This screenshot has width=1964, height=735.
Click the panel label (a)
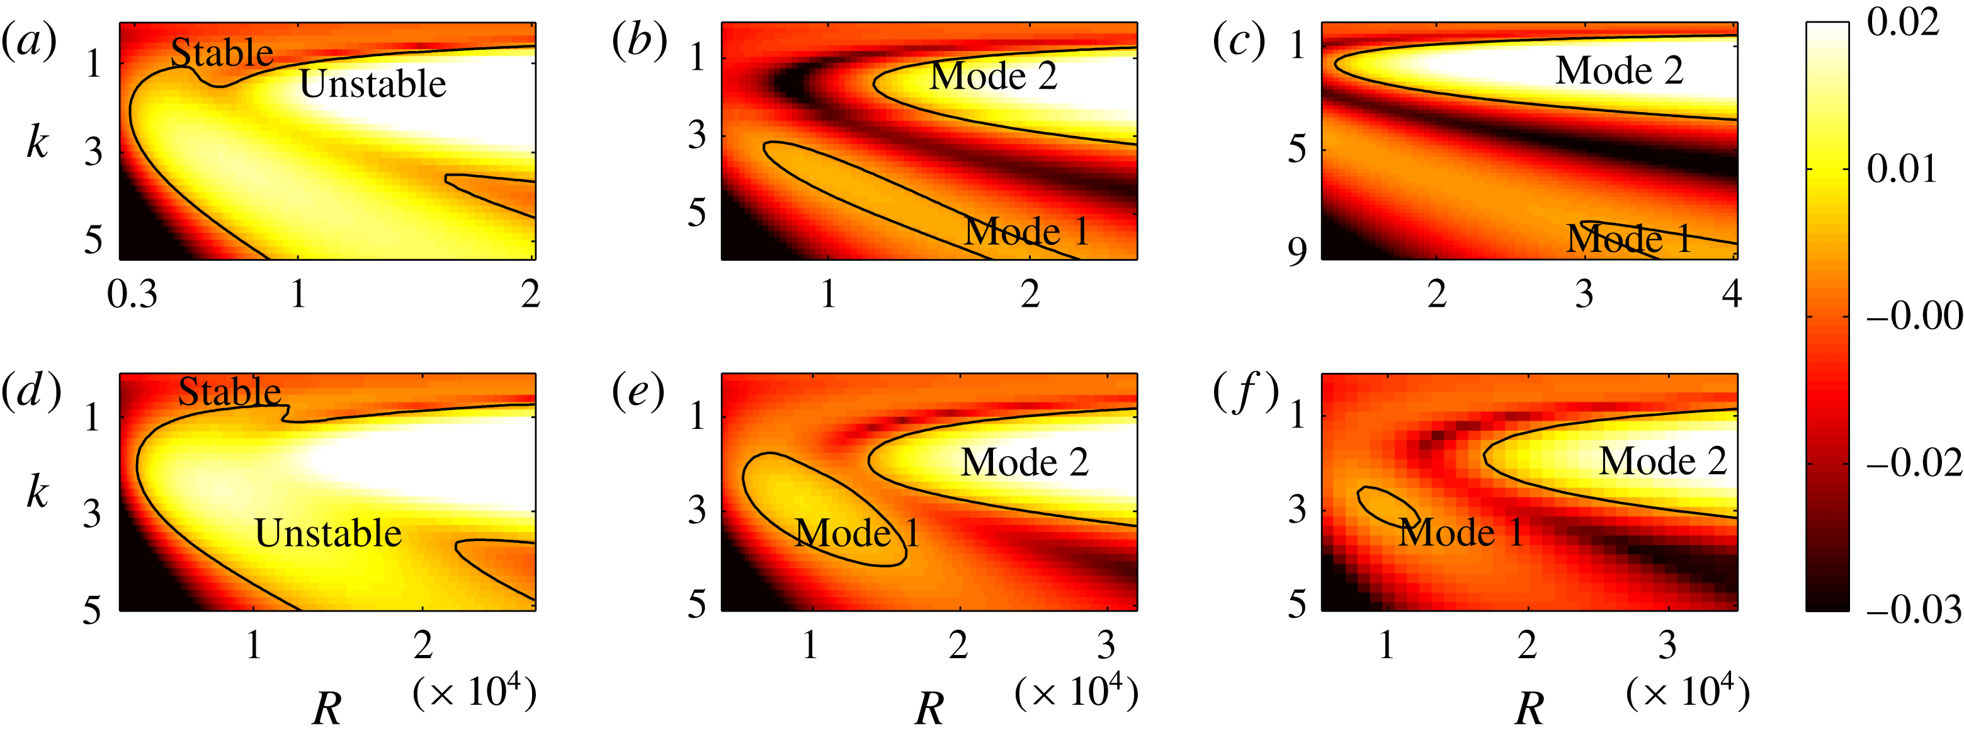[x=29, y=42]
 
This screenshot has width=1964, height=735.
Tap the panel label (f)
[x=1246, y=392]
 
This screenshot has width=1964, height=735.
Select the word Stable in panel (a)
[x=222, y=53]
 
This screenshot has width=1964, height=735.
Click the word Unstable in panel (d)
[x=328, y=532]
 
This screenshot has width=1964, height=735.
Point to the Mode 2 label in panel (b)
[x=994, y=76]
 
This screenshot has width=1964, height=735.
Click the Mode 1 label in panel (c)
[x=1629, y=239]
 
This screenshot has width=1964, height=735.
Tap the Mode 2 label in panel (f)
[x=1663, y=460]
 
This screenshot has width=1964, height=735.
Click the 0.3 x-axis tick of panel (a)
[x=133, y=293]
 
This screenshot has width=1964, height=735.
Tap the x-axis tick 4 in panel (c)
[x=1732, y=293]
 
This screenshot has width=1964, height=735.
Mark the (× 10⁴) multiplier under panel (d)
[x=475, y=692]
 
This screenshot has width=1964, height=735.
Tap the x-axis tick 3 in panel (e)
[x=1106, y=645]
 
